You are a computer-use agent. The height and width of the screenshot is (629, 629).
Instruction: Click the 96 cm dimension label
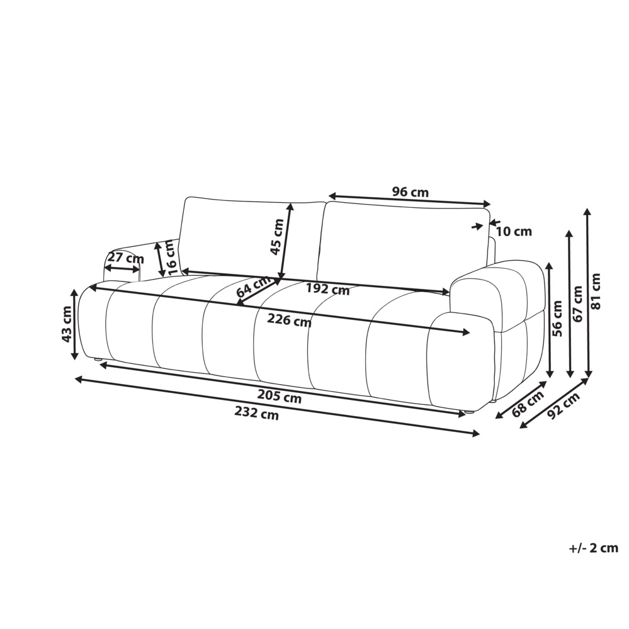coord(410,192)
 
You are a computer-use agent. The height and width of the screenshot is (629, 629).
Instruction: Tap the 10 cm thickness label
coord(514,232)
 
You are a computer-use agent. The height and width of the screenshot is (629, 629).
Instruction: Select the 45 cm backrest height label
coord(277,237)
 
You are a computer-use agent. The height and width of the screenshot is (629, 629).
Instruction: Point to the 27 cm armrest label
coord(125,258)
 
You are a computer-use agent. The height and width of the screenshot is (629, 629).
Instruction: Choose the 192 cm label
coord(328,289)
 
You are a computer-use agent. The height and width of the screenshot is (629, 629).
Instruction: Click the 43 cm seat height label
coord(66,324)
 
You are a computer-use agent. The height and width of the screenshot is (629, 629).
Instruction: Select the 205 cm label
coord(279,397)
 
